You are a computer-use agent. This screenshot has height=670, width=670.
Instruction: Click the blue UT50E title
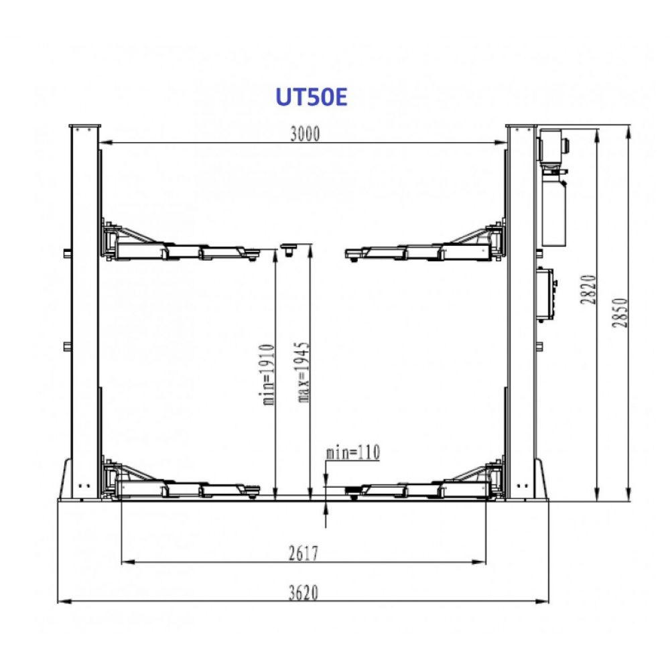click(311, 96)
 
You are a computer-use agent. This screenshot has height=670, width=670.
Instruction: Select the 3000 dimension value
click(305, 134)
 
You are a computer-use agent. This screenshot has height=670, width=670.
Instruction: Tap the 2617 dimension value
click(304, 554)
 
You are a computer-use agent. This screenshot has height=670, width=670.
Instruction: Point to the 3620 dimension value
click(304, 593)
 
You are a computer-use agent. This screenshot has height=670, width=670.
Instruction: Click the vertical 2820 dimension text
click(589, 289)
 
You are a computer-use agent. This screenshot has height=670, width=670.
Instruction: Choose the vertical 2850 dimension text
click(620, 313)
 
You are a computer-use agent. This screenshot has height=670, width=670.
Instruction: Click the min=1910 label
click(268, 375)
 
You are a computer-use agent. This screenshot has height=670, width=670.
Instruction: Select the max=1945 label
click(303, 372)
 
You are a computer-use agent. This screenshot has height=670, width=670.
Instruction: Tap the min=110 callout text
click(353, 453)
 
